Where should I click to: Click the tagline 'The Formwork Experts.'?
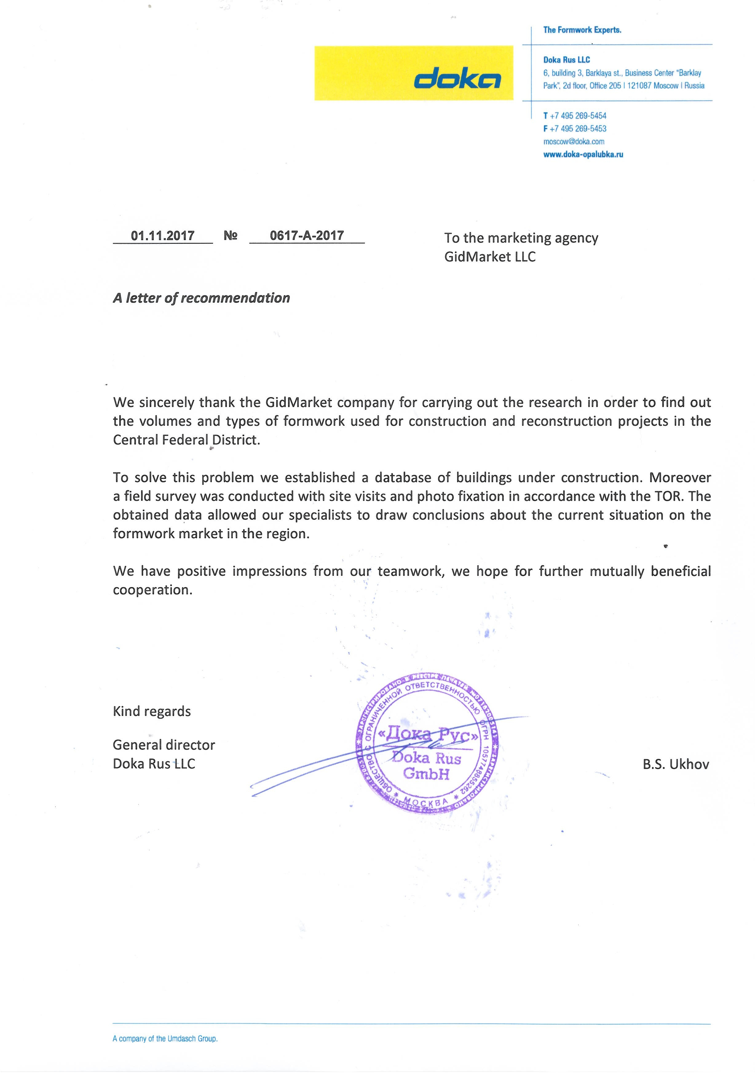tap(582, 30)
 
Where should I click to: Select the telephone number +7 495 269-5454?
tap(578, 116)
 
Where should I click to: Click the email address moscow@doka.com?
tap(573, 141)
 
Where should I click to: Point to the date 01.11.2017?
tap(163, 236)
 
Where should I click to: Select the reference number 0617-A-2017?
tap(306, 236)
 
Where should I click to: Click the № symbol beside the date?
tap(231, 236)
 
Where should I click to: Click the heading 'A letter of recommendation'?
tap(201, 298)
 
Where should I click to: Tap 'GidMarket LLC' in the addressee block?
tap(490, 257)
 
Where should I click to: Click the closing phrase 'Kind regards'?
tap(152, 711)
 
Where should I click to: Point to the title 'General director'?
tap(164, 745)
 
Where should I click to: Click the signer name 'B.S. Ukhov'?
tap(675, 764)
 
